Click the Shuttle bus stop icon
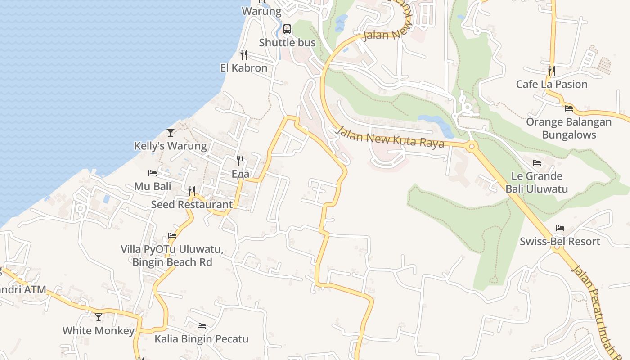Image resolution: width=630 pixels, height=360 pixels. coord(287,30)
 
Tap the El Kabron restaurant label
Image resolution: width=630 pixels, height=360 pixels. coord(244,68)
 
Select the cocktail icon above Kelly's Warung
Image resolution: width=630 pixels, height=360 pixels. coord(171,132)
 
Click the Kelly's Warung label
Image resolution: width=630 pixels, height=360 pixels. coord(171,146)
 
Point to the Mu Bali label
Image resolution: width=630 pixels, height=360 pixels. coord(153,186)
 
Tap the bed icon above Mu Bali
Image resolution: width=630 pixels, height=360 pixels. coord(153,173)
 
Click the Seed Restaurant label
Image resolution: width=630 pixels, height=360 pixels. coord(192,204)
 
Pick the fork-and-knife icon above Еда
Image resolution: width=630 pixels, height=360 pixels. coord(240,161)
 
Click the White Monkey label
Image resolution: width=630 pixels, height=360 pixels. coord(99,331)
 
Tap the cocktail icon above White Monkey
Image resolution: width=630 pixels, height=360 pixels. coord(99,317)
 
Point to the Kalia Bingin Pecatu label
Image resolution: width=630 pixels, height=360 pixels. coord(202,339)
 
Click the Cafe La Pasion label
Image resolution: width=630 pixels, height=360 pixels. coord(552,84)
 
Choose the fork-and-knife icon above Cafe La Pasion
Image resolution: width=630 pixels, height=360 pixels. coord(552,71)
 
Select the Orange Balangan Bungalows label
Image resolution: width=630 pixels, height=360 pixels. coord(569,128)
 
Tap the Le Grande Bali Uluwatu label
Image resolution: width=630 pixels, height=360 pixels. coord(536,182)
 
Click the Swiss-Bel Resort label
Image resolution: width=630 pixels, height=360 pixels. coord(560,241)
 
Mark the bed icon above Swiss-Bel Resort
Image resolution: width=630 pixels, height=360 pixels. coord(560,228)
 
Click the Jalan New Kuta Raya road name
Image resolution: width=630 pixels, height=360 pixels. coord(391,137)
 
